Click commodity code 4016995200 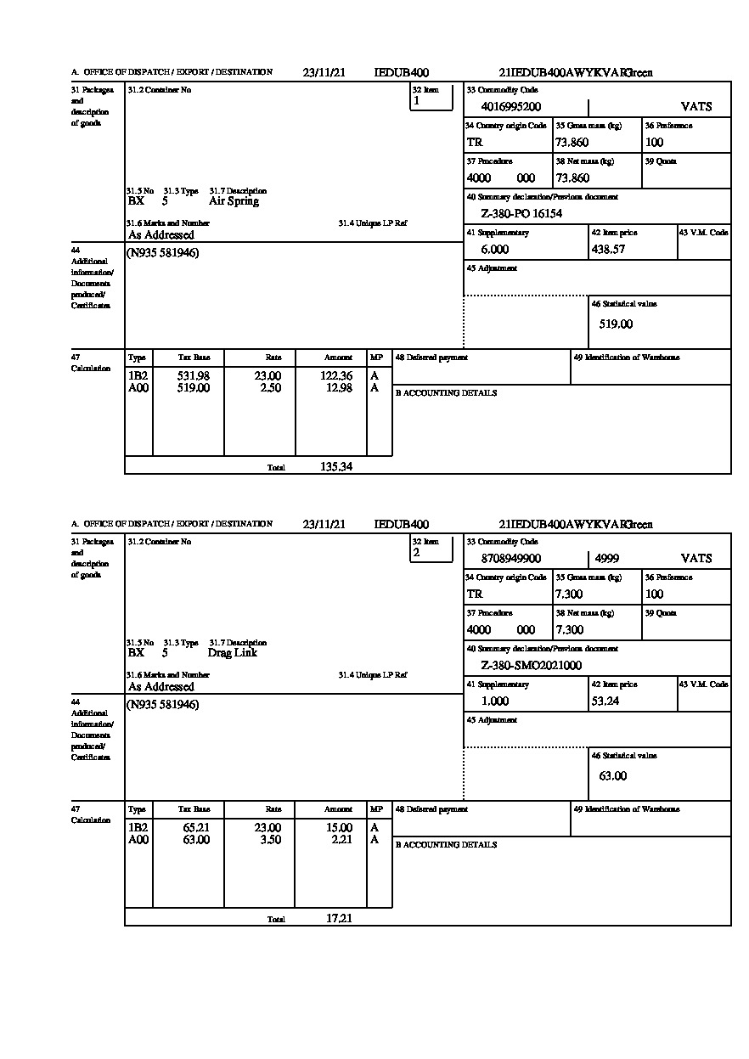tap(510, 107)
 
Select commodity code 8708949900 tap(510, 559)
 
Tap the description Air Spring tap(234, 202)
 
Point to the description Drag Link tap(232, 653)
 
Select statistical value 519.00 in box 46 tap(616, 324)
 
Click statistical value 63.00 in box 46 tap(612, 776)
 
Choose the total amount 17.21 tap(339, 918)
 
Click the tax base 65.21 tap(196, 828)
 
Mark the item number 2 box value tap(416, 552)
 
